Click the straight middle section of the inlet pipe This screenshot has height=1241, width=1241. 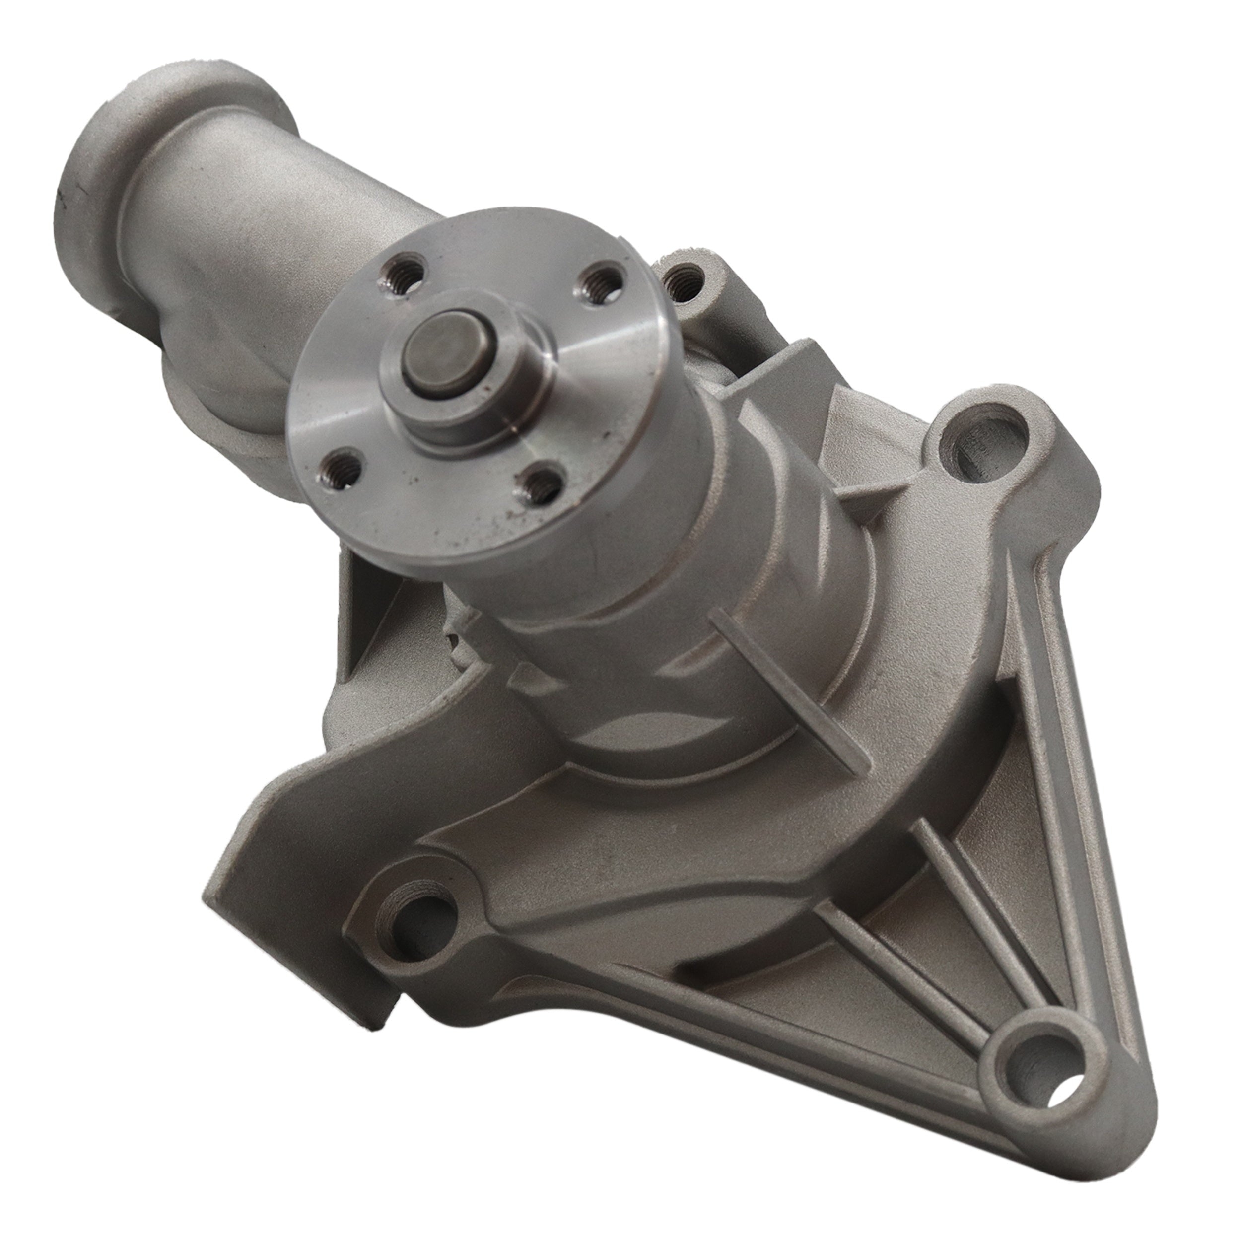pyautogui.click(x=257, y=193)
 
